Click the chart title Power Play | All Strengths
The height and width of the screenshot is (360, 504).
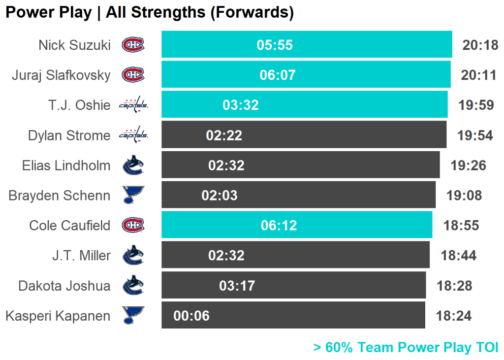pos(106,12)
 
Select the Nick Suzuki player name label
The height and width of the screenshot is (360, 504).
pos(75,45)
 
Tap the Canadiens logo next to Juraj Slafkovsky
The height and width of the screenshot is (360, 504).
pos(133,75)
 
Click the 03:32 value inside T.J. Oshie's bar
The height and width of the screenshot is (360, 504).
pos(241,105)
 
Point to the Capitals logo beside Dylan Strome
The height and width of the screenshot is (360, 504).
pos(134,135)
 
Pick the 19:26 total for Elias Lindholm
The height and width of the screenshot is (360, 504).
pos(469,165)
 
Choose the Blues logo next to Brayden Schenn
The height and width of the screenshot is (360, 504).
pos(133,195)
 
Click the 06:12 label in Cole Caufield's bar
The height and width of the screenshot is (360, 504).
pos(279,226)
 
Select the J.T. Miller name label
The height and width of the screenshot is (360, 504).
pos(81,256)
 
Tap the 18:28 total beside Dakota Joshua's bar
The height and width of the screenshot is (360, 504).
pos(454,286)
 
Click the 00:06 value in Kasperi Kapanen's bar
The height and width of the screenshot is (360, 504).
pos(191,316)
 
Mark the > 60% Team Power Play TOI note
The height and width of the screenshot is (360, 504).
pos(406,348)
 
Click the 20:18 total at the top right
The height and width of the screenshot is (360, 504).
pos(480,45)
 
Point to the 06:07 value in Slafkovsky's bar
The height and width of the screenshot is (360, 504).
pos(278,75)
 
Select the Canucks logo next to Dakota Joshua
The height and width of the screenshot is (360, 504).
pos(133,285)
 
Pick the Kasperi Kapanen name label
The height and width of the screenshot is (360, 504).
pos(58,316)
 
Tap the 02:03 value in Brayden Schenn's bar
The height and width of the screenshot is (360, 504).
pos(220,196)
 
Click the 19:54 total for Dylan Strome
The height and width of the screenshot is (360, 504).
pos(475,135)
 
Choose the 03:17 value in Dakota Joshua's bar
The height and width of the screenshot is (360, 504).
pos(237,286)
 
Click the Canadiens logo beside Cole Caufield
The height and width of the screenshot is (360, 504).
pos(133,225)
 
